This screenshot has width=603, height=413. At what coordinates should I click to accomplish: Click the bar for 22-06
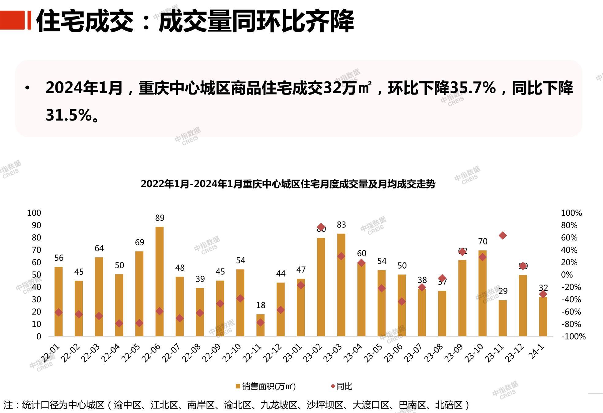159,281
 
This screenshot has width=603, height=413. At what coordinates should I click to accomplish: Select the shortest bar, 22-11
260,325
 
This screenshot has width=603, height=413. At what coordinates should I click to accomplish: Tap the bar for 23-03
341,285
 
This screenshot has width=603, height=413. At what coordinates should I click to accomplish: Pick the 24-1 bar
543,317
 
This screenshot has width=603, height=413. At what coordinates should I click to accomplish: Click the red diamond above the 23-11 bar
503,236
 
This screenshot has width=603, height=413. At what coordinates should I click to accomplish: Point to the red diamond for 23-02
321,227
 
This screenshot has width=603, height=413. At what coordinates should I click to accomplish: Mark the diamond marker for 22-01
58,312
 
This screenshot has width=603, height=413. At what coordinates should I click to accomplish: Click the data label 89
160,218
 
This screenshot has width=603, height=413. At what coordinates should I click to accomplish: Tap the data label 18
261,305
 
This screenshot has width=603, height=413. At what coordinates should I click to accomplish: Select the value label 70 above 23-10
483,241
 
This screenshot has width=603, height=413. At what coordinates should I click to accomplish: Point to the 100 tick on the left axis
34,213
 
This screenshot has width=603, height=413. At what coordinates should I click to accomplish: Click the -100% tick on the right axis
573,337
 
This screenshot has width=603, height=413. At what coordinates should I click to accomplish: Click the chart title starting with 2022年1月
288,184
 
